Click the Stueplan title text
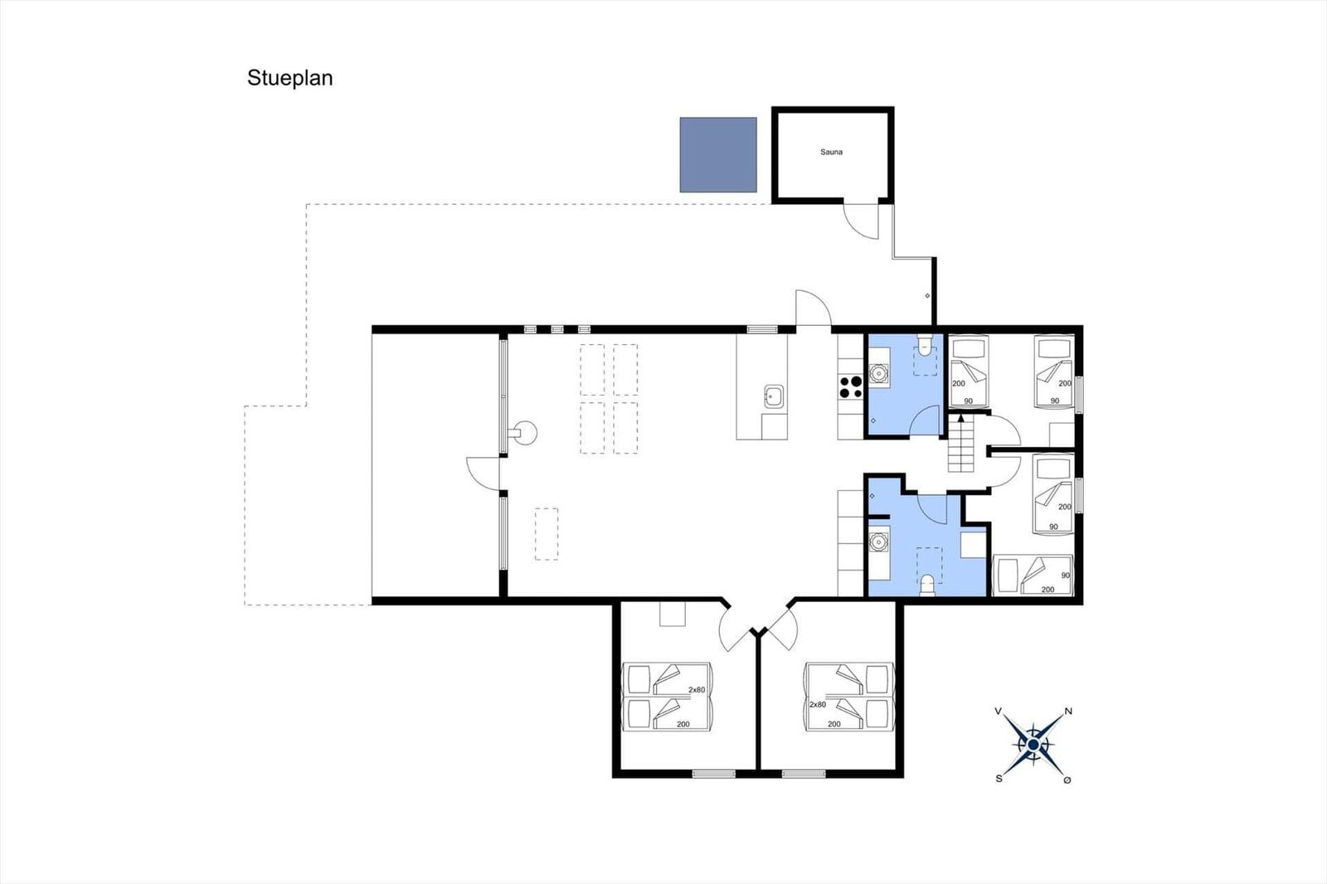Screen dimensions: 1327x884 tap(289, 78)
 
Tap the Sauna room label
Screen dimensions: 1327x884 tap(831, 153)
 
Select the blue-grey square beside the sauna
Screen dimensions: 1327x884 tap(718, 154)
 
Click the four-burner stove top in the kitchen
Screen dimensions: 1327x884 tap(850, 386)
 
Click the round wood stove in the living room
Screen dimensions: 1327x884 tap(524, 433)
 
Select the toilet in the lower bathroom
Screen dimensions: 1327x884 tap(927, 585)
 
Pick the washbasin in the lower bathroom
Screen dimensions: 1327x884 tap(878, 541)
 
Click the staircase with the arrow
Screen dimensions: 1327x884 tap(961, 443)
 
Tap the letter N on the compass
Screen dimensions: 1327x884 tap(1069, 711)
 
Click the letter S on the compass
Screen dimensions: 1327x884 tap(999, 779)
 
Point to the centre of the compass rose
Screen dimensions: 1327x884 tap(1033, 745)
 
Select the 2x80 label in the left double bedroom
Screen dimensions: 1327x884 tap(697, 690)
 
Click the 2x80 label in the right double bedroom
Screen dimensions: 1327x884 tap(818, 705)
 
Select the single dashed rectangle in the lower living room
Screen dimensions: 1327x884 tap(547, 534)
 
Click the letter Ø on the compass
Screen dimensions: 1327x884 tap(1067, 780)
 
